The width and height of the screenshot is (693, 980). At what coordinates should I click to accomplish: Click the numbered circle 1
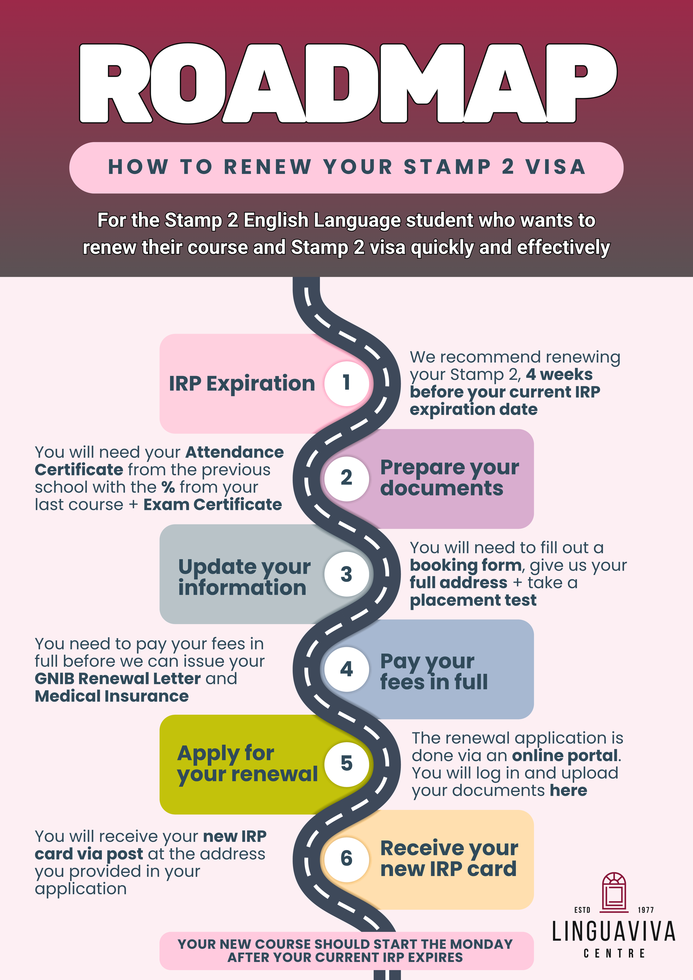346,383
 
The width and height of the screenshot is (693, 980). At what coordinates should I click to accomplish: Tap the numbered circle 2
346,478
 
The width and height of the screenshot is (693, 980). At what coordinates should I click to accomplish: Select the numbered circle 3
346,574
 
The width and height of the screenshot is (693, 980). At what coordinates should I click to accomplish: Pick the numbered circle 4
346,669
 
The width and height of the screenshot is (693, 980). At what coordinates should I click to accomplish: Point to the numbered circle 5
346,764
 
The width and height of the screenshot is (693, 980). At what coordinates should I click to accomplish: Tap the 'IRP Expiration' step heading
242,383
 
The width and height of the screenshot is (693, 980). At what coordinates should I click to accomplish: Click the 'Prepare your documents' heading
449,478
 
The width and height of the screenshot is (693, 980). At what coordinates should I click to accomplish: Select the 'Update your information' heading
244,577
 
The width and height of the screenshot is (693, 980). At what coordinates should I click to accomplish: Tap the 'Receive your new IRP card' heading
449,858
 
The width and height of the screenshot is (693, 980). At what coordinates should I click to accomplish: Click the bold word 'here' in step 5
568,790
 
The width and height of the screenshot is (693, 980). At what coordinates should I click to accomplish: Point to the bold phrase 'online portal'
565,756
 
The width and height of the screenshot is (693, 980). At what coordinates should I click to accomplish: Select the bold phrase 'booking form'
465,565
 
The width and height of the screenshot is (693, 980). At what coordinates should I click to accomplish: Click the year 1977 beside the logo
646,910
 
